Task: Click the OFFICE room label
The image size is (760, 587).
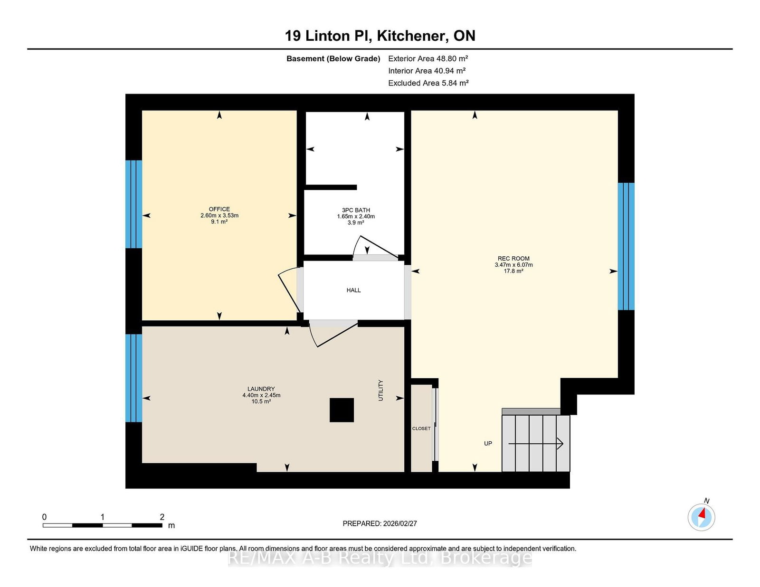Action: pyautogui.click(x=219, y=209)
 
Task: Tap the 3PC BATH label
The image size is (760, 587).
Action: pyautogui.click(x=356, y=210)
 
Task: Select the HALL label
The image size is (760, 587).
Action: pyautogui.click(x=353, y=290)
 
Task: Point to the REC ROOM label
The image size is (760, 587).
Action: pyautogui.click(x=513, y=259)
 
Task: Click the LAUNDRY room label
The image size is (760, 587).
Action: pyautogui.click(x=261, y=389)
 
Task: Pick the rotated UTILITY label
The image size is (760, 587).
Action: pyautogui.click(x=380, y=390)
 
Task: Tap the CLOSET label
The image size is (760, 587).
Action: pyautogui.click(x=421, y=429)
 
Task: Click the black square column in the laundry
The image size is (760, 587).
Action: pyautogui.click(x=342, y=410)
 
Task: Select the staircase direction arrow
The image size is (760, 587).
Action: pyautogui.click(x=535, y=444)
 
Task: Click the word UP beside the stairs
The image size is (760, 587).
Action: pyautogui.click(x=488, y=443)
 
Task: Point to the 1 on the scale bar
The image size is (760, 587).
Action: pyautogui.click(x=103, y=517)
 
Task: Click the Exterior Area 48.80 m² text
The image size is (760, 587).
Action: pyautogui.click(x=428, y=58)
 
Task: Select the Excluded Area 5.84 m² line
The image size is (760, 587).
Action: pyautogui.click(x=428, y=83)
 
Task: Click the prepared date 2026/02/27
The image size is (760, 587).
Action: pyautogui.click(x=400, y=523)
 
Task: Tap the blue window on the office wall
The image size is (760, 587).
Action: pyautogui.click(x=133, y=204)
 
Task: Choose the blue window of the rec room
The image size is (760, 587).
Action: pyautogui.click(x=626, y=246)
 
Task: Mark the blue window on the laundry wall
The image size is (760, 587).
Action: pyautogui.click(x=133, y=378)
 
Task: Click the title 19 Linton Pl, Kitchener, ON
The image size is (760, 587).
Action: pyautogui.click(x=380, y=36)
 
